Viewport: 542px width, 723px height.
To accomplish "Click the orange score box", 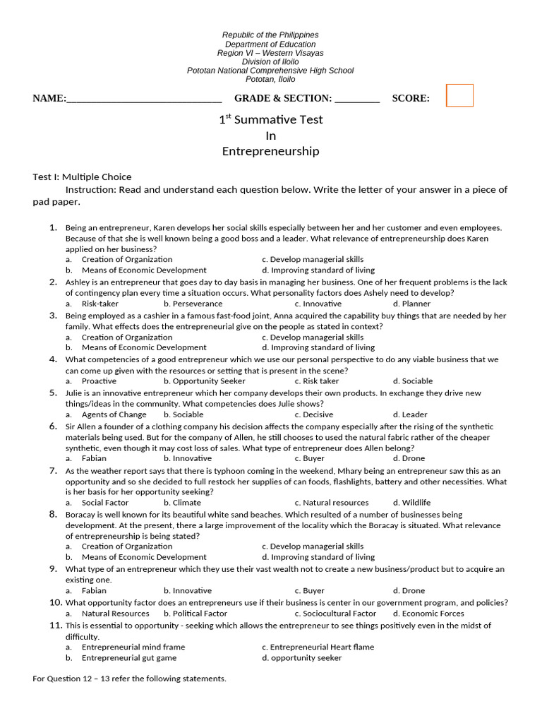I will tap(459, 95).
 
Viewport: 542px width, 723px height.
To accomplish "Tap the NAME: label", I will tap(49, 98).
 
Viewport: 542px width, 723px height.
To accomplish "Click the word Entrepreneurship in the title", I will tap(270, 151).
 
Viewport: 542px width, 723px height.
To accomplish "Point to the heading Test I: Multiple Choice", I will tap(82, 177).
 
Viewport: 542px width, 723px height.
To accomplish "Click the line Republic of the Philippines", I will tap(270, 35).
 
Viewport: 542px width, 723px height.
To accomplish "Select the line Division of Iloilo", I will tap(270, 61).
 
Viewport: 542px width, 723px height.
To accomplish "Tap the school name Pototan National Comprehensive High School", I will tap(270, 71).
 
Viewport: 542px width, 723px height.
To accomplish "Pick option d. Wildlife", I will tap(412, 503).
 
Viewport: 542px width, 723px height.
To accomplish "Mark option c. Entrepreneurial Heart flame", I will tap(318, 647).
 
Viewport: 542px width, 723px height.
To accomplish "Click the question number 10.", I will tap(56, 602).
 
